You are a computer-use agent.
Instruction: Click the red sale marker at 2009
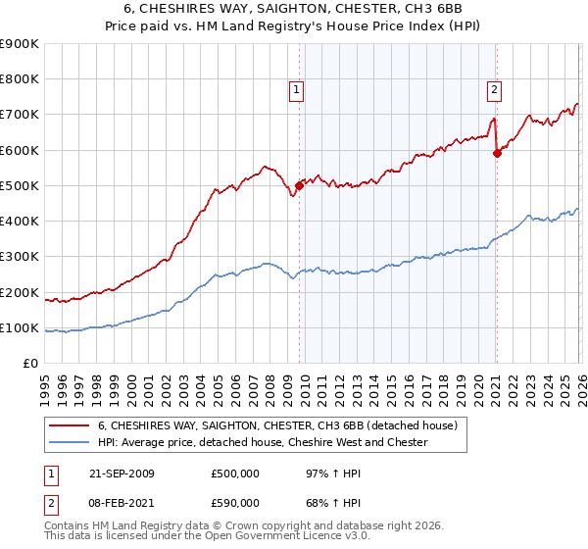coord(299,185)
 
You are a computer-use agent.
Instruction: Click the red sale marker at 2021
coord(497,153)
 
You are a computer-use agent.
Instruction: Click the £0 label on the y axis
coord(29,363)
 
